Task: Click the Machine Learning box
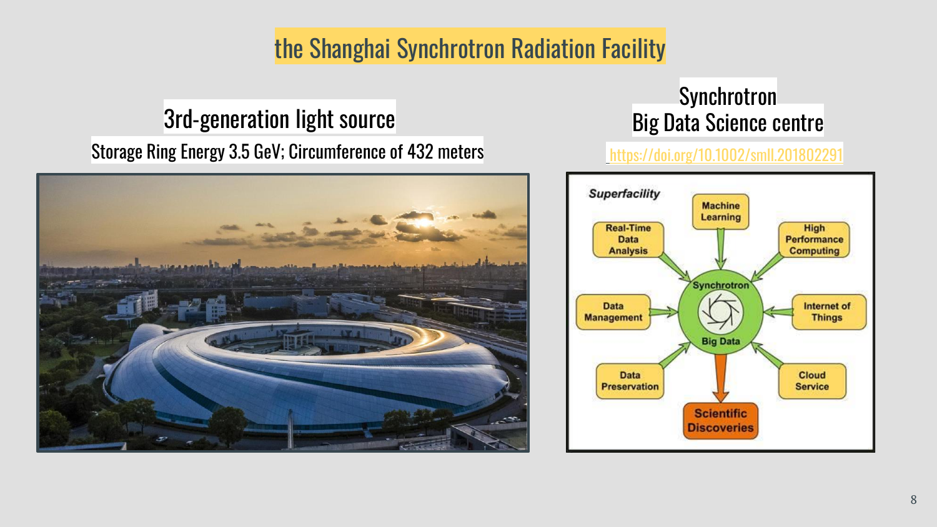(720, 212)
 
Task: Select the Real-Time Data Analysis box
(628, 239)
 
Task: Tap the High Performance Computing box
(814, 239)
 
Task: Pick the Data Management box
(613, 312)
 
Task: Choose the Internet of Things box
(829, 312)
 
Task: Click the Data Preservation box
(630, 381)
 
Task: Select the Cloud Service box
(812, 381)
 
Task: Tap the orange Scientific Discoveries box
(720, 421)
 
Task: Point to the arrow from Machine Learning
(720, 249)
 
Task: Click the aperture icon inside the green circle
(720, 312)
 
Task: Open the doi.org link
(726, 155)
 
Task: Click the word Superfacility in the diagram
(624, 194)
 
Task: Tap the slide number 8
(913, 500)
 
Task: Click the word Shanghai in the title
(350, 49)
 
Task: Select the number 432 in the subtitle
(420, 151)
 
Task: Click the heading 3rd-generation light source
(279, 119)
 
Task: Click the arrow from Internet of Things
(778, 312)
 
